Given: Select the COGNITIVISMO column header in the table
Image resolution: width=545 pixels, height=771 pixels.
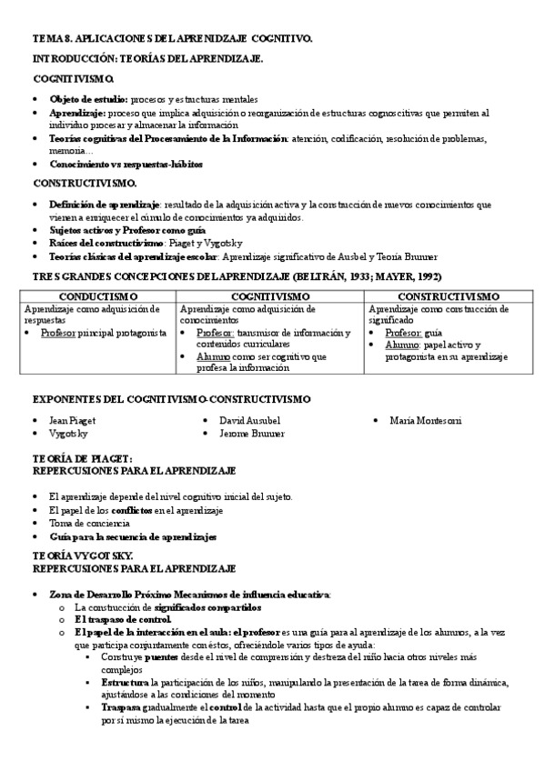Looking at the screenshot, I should click(x=271, y=296).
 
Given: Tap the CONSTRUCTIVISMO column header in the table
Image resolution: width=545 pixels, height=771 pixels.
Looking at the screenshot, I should click(x=449, y=296).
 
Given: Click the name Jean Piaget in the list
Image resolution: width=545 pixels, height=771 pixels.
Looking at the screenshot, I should click(x=72, y=421).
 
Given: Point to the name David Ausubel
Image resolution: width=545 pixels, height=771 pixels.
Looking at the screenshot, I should click(x=249, y=421).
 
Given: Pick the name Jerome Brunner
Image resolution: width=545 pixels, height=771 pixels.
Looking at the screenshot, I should click(x=252, y=435).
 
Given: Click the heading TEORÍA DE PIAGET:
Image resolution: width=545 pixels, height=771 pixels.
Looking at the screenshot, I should click(x=83, y=458).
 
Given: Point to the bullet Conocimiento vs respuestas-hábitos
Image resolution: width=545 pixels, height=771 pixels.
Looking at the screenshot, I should click(x=126, y=165).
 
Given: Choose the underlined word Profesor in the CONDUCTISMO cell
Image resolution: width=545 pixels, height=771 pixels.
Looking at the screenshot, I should click(x=57, y=333).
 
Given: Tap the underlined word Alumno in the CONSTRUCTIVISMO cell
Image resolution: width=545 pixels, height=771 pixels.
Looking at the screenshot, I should click(x=400, y=345).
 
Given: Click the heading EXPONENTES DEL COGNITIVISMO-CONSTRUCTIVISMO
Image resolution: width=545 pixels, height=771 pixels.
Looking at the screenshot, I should click(x=172, y=398).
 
